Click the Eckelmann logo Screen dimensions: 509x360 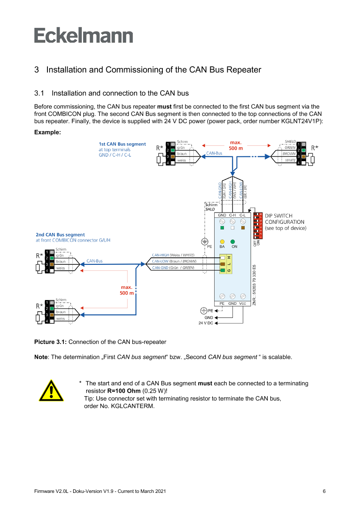[84, 36]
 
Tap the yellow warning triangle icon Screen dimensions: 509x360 [51, 390]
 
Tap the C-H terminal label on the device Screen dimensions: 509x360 [232, 215]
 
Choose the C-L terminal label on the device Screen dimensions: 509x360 [243, 215]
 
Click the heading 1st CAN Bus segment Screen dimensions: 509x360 [122, 144]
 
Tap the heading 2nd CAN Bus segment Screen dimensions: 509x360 [60, 234]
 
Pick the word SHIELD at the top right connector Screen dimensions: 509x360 [290, 142]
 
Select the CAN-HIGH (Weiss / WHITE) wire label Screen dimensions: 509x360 [173, 255]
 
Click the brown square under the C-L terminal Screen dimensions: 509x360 [243, 228]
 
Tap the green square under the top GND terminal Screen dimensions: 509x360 [222, 228]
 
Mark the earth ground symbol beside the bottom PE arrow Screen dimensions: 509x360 [203, 310]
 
